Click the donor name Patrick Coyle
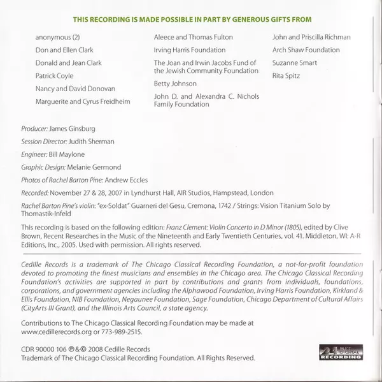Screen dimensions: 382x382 (x=55, y=77)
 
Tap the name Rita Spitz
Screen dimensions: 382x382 (x=286, y=76)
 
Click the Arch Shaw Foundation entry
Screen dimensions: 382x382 (x=306, y=50)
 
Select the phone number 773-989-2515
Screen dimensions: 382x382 (x=121, y=332)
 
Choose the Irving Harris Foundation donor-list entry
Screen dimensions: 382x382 (x=190, y=50)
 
